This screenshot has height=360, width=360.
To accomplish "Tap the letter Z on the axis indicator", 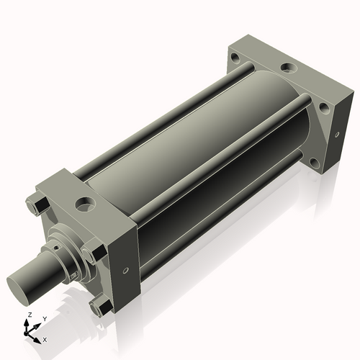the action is click(x=30, y=315).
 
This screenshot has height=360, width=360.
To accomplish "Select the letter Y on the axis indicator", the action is click(x=45, y=319).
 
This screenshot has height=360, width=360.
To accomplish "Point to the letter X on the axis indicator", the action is click(x=45, y=340).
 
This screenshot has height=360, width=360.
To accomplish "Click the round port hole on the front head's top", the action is click(x=85, y=204).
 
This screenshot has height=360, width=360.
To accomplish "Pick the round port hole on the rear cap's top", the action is click(x=289, y=67).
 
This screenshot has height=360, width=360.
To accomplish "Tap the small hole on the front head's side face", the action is click(x=125, y=271).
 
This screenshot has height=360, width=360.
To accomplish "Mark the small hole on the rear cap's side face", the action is click(x=337, y=135).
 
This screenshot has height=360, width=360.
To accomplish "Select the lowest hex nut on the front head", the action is click(x=101, y=308).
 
